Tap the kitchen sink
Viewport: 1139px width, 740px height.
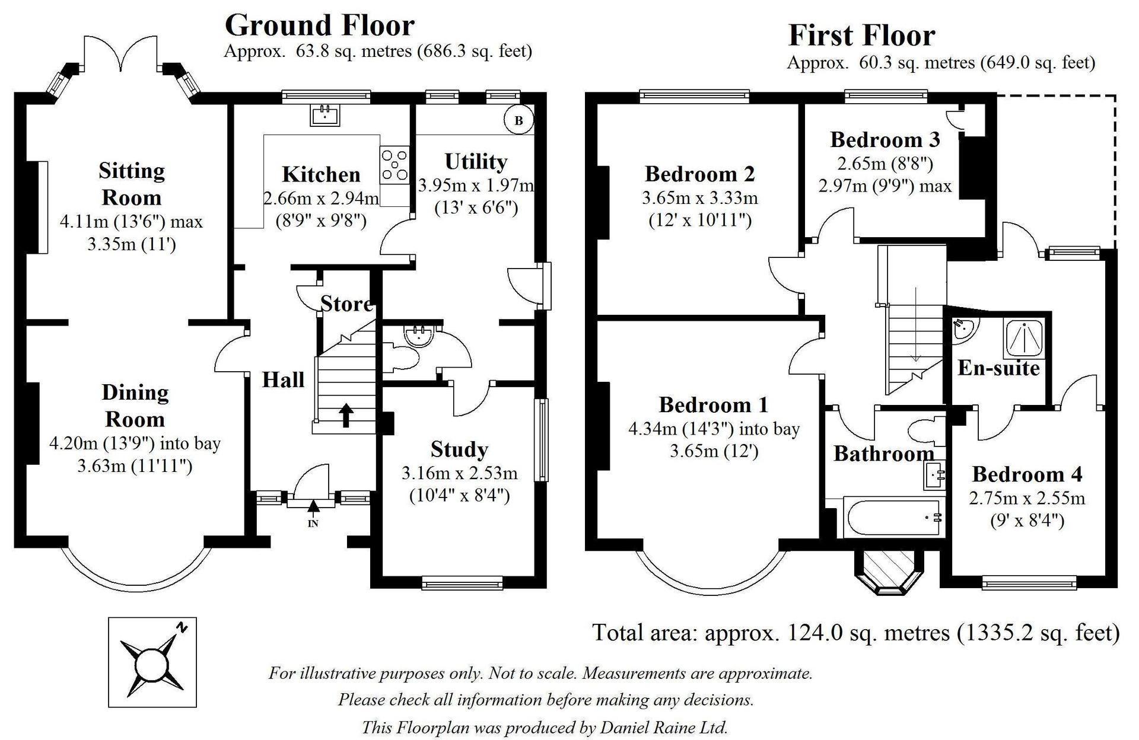click(x=325, y=115)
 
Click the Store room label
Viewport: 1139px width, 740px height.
click(x=347, y=304)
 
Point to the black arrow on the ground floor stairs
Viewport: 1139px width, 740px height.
click(x=345, y=415)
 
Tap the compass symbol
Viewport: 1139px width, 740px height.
click(x=152, y=662)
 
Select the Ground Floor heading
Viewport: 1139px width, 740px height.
click(x=320, y=25)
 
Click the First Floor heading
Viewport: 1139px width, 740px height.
click(x=862, y=36)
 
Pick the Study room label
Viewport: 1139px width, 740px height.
click(x=459, y=450)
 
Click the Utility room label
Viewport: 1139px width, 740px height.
click(x=476, y=162)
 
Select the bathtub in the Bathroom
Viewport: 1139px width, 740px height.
click(x=891, y=516)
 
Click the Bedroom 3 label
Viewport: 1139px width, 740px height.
click(x=885, y=140)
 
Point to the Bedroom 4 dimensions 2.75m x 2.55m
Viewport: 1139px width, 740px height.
click(x=1027, y=498)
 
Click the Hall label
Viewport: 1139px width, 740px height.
click(x=283, y=379)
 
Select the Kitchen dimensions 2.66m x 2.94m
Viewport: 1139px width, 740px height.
click(x=321, y=198)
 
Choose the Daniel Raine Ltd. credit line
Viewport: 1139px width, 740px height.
click(x=545, y=727)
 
